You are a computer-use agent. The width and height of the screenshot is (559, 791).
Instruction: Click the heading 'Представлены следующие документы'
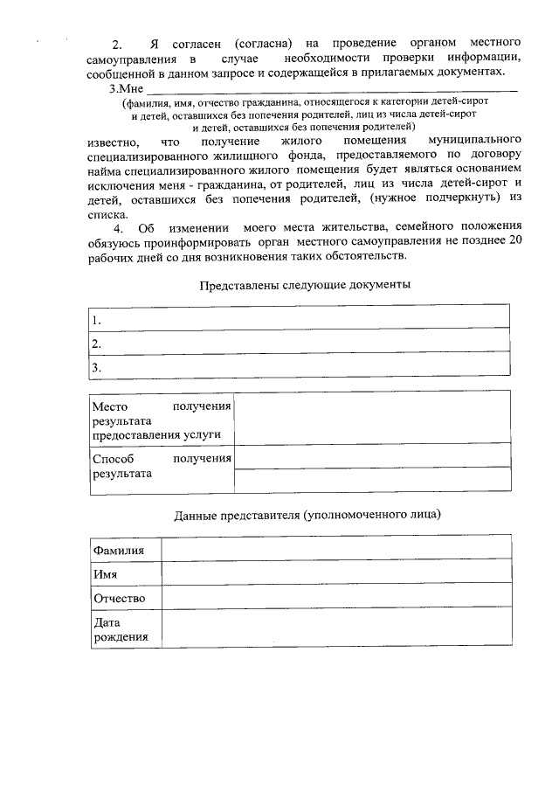point(305,285)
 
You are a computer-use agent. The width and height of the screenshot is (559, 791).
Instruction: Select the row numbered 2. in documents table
point(299,343)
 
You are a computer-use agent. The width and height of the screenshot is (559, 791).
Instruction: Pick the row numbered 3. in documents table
point(299,367)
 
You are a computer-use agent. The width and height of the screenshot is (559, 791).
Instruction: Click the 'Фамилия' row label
point(118,550)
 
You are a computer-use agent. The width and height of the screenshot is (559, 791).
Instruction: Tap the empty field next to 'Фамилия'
point(335,549)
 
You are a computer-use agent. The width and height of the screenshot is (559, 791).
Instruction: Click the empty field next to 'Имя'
point(335,573)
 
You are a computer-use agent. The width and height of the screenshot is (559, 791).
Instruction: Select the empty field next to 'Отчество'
point(335,598)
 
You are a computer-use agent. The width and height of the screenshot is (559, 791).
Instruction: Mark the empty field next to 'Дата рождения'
point(335,630)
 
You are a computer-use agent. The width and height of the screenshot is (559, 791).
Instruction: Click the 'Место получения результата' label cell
point(161,420)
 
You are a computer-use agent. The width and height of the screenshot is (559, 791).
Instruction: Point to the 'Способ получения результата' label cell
point(161,467)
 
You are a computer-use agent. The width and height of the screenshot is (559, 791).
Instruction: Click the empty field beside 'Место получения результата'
point(373,420)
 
